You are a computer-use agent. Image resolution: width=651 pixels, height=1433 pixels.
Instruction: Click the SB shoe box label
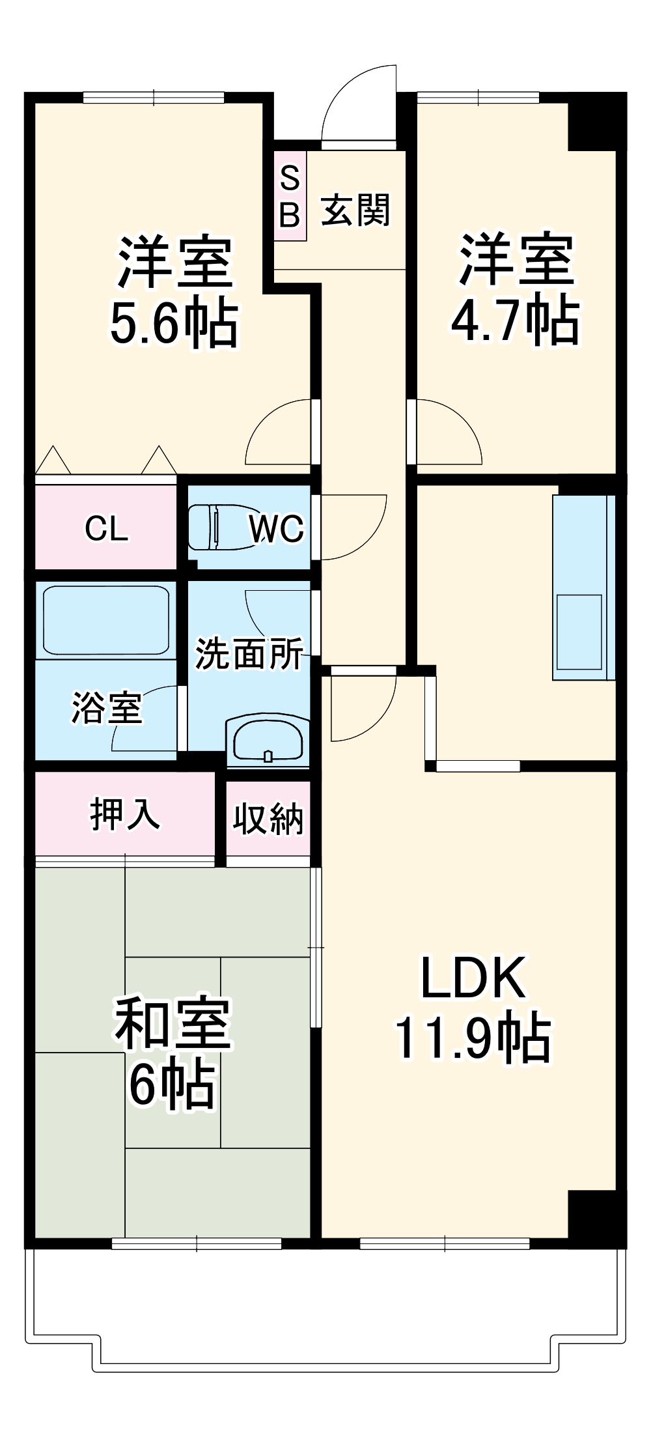(x=290, y=195)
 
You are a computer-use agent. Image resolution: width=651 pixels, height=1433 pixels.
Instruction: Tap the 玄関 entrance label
(x=355, y=210)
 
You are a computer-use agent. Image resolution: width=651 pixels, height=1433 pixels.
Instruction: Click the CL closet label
(x=106, y=529)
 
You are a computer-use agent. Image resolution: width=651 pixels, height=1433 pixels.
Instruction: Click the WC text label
(x=277, y=529)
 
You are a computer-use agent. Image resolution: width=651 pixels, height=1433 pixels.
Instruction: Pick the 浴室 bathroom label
(x=106, y=708)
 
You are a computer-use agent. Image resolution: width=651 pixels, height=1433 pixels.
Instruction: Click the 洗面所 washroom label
(x=249, y=653)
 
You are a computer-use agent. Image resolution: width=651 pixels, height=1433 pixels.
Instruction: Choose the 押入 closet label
(x=124, y=814)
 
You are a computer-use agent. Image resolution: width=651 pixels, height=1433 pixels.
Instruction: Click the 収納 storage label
(x=268, y=819)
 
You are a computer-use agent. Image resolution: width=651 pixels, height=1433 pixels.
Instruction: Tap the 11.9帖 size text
(x=473, y=1040)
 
